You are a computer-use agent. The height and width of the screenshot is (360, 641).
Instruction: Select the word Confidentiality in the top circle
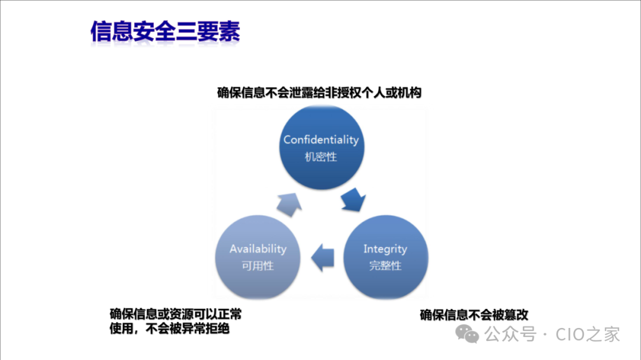click(321, 140)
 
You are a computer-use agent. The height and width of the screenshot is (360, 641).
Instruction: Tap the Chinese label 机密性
click(320, 157)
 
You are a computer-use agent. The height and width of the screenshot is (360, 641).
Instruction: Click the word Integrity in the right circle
click(385, 249)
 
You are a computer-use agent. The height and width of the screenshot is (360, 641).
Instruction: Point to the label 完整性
click(385, 266)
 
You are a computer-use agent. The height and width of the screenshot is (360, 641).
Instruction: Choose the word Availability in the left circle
click(258, 249)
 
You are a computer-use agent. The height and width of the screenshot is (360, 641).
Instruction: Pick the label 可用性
click(258, 266)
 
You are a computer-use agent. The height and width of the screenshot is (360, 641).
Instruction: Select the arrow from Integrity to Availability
click(323, 257)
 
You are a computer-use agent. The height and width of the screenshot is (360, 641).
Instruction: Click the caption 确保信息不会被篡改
click(474, 315)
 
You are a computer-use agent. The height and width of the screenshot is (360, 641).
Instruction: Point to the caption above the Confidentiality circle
click(319, 93)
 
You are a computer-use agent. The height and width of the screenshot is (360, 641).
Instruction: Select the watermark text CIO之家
click(588, 334)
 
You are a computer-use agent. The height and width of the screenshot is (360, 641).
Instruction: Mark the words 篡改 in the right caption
click(516, 315)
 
